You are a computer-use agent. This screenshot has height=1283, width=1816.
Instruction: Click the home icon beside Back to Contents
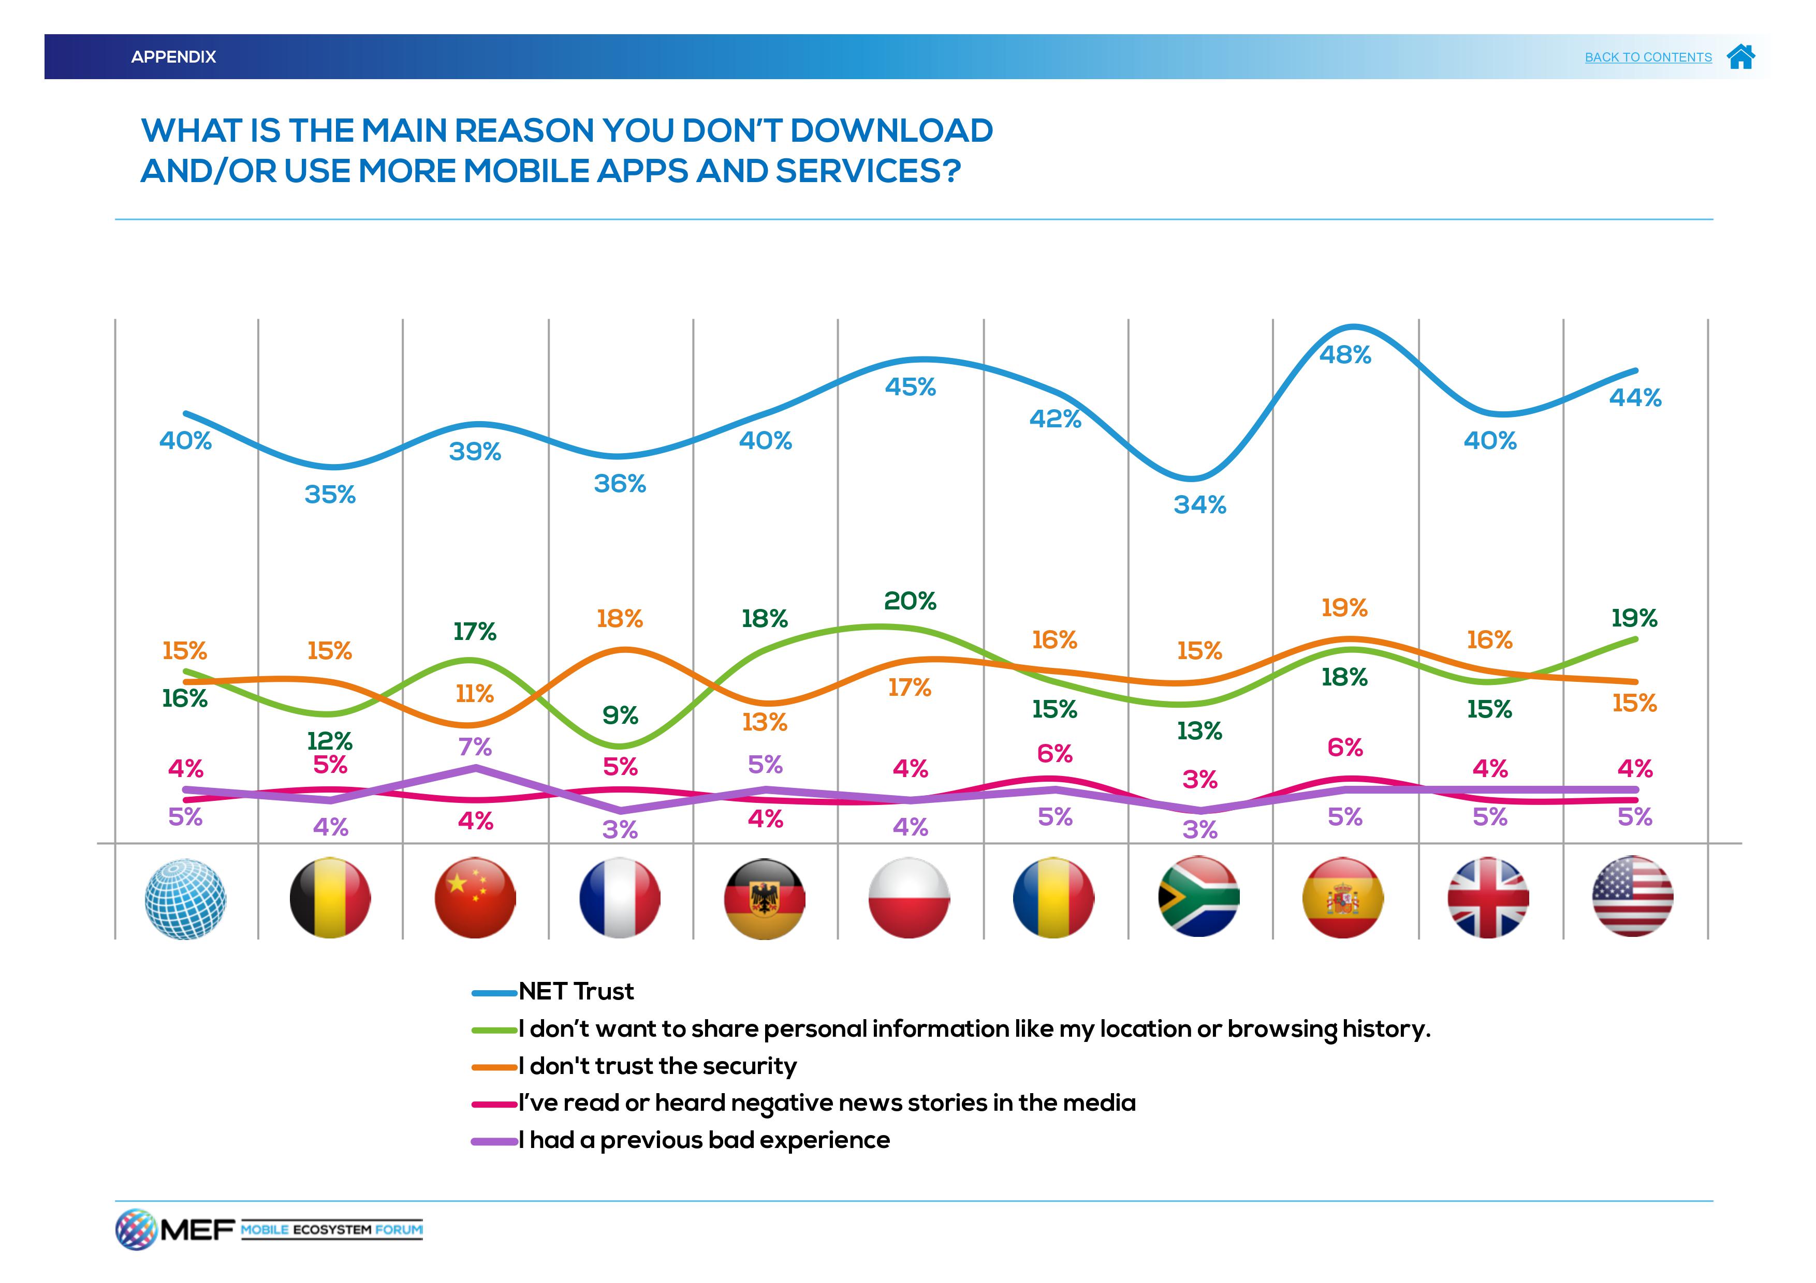[x=1741, y=57]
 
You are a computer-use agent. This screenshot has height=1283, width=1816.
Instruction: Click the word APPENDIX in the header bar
[x=173, y=57]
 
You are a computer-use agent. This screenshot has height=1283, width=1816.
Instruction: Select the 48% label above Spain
[x=1344, y=355]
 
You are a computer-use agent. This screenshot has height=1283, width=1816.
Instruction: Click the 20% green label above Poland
[x=910, y=601]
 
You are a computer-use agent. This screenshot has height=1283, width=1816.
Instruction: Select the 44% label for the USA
[x=1635, y=398]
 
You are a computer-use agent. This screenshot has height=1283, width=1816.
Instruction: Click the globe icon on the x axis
[x=185, y=899]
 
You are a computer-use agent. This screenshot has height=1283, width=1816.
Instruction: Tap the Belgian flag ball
[x=330, y=899]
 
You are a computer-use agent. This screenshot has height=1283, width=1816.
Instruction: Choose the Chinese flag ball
[x=475, y=899]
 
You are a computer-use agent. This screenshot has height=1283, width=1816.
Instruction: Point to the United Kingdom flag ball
[x=1488, y=898]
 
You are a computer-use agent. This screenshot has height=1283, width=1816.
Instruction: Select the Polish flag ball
[x=909, y=898]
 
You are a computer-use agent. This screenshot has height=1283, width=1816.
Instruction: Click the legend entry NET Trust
[x=576, y=991]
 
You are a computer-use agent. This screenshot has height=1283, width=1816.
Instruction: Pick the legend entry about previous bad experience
[x=704, y=1140]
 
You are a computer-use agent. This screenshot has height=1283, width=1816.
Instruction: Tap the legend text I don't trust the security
[x=657, y=1066]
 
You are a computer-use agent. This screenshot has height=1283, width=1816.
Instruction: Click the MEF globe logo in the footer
[x=135, y=1229]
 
